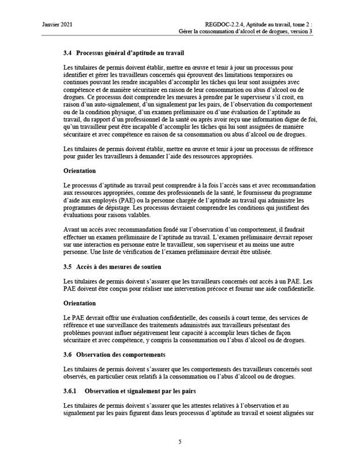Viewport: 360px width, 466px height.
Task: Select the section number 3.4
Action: pyautogui.click(x=67, y=54)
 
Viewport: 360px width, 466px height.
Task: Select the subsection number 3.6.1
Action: pyautogui.click(x=72, y=391)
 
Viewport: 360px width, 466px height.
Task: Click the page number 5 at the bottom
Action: pyautogui.click(x=180, y=442)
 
